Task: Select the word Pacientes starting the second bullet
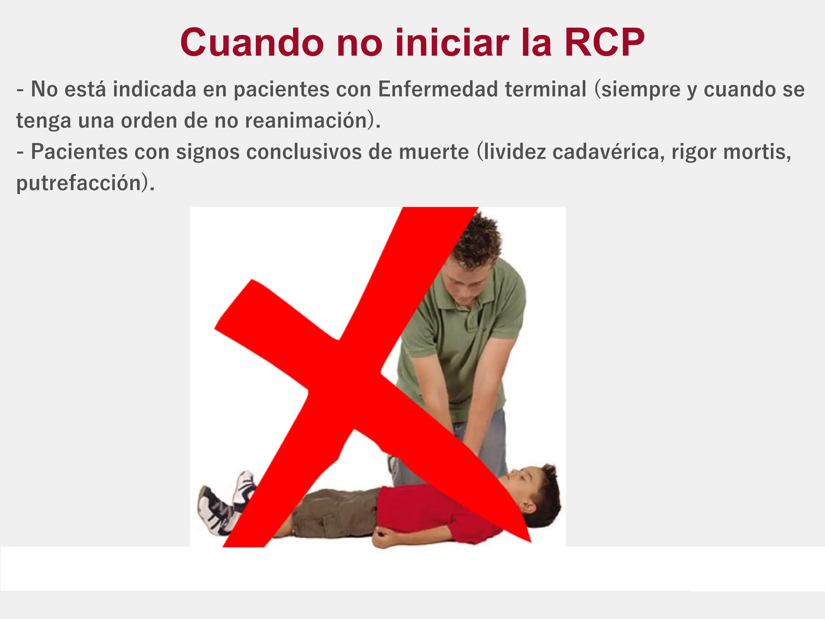click(x=79, y=152)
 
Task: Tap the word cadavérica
click(x=608, y=152)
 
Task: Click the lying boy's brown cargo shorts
click(x=334, y=512)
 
